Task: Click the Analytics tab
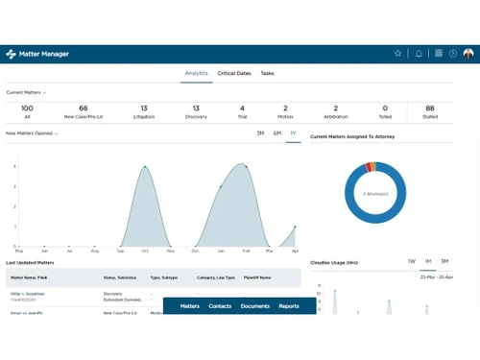click(x=197, y=73)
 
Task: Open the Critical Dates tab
click(x=234, y=73)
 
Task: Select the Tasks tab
click(x=267, y=73)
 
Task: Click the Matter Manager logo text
click(x=43, y=54)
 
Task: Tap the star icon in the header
click(x=398, y=54)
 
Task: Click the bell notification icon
click(x=419, y=54)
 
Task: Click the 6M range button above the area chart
click(x=277, y=133)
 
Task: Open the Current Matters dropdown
click(x=27, y=92)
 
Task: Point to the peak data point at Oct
click(x=145, y=167)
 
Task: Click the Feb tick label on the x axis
click(x=245, y=251)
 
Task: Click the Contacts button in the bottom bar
click(x=220, y=306)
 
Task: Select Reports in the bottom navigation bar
click(x=289, y=306)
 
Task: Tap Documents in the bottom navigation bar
click(x=255, y=306)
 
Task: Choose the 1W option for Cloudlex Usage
click(x=411, y=261)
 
